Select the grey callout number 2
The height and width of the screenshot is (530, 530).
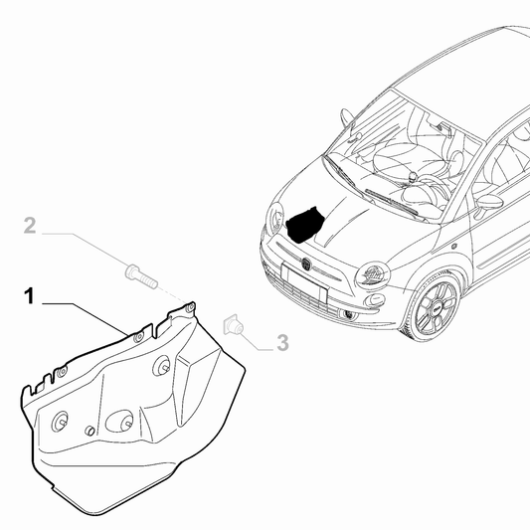[x=30, y=228]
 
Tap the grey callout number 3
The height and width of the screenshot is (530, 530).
[x=282, y=343]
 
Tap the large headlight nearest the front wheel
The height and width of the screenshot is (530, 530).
[x=375, y=272]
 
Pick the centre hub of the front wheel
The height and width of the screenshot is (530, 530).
[x=434, y=309]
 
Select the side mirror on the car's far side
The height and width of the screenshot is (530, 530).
[x=347, y=118]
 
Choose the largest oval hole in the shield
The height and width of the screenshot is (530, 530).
[x=120, y=421]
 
